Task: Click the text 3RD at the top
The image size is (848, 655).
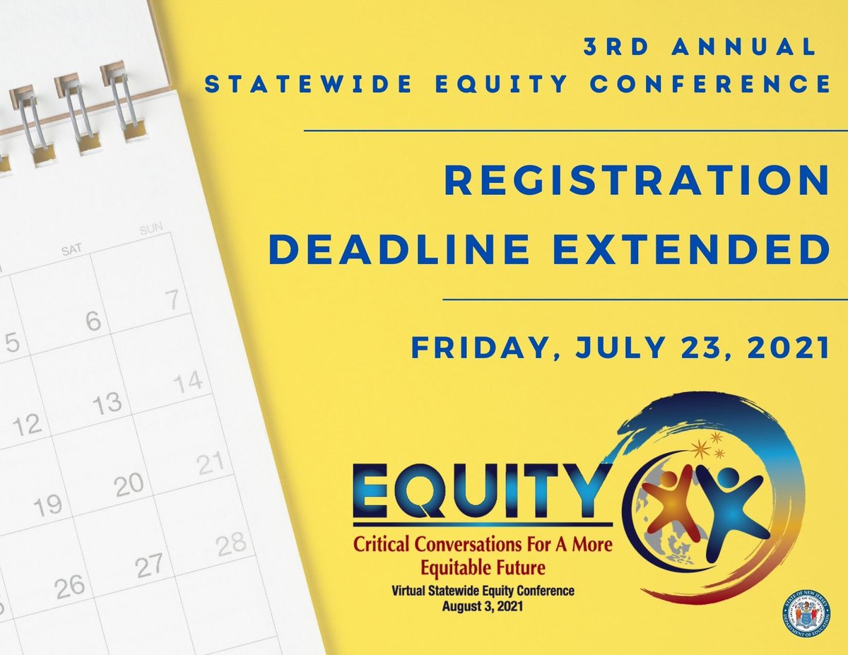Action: [x=613, y=47]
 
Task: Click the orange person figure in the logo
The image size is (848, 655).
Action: [x=671, y=504]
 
